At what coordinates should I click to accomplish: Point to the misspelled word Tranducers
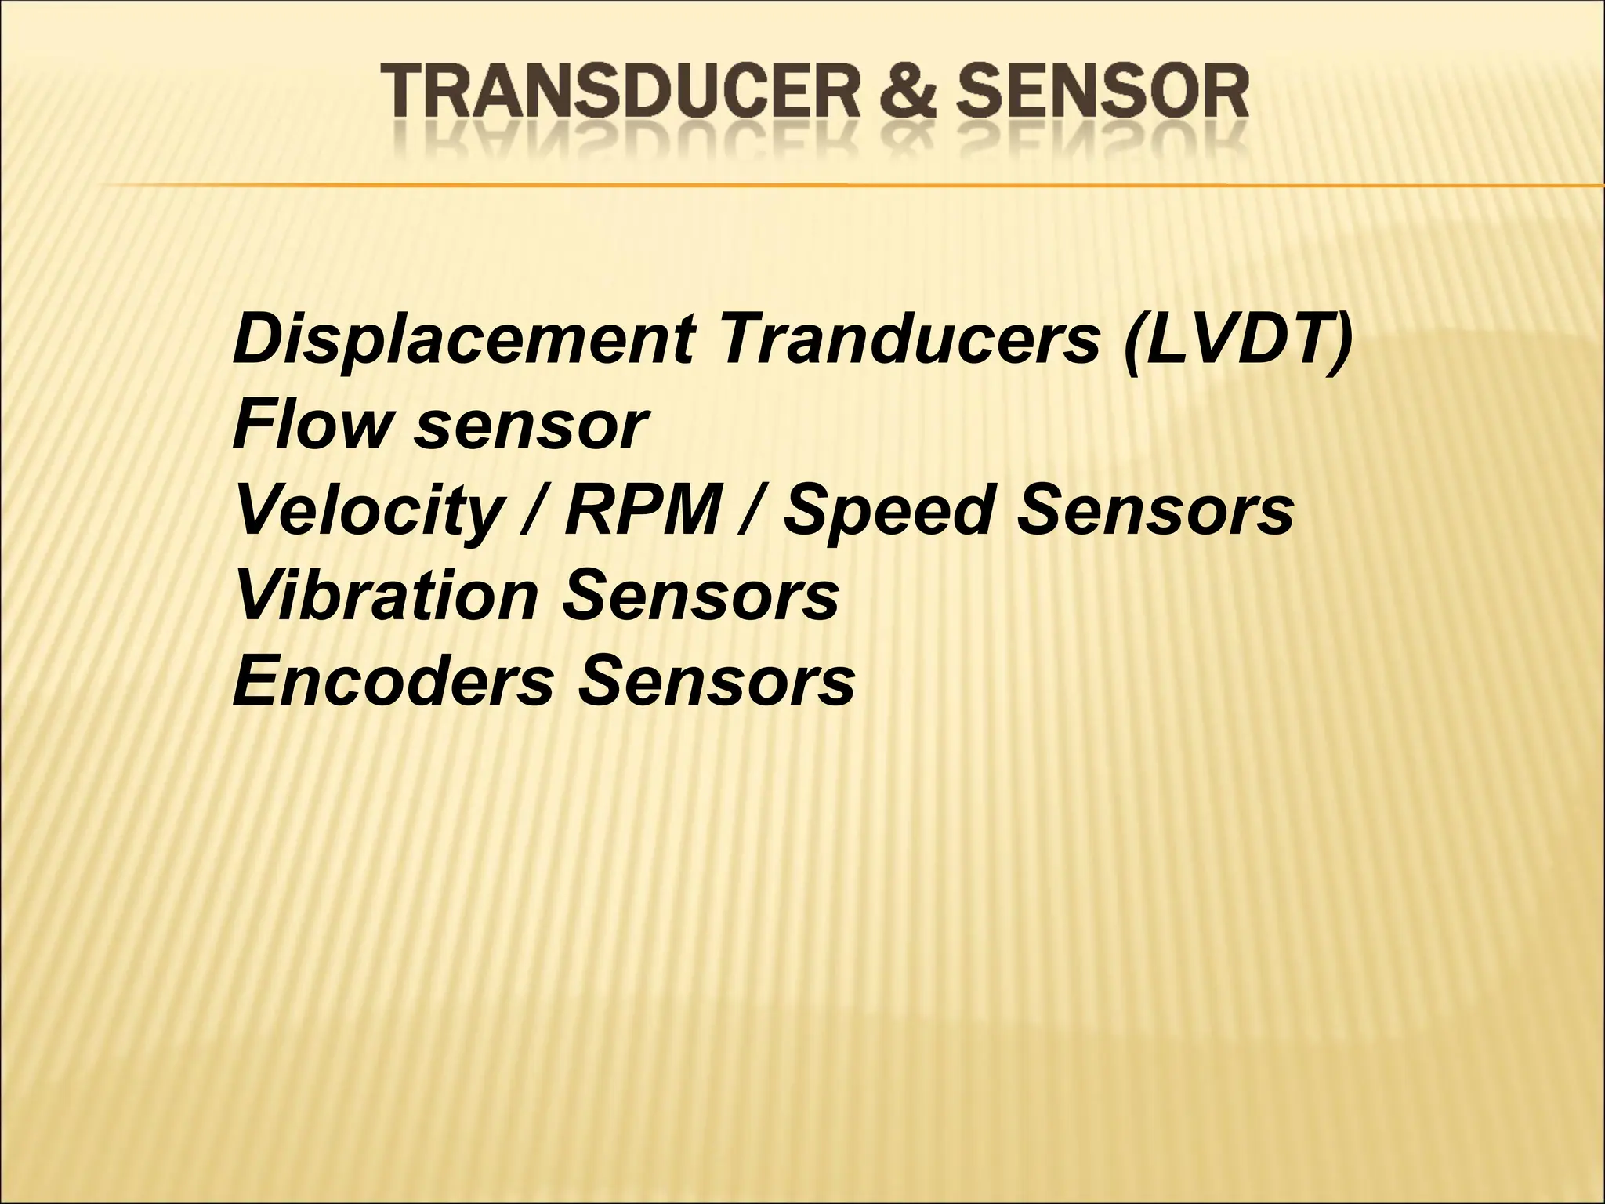911,339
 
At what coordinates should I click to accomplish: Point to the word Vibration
386,596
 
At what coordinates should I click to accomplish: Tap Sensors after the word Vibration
700,596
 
